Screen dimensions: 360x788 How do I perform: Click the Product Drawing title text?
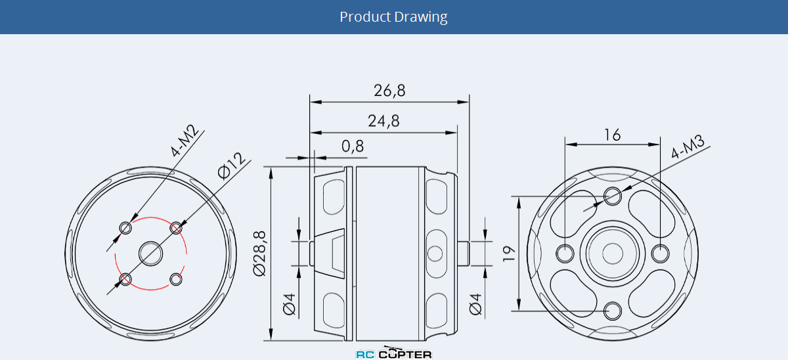click(393, 16)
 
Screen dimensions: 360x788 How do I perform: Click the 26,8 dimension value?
click(389, 91)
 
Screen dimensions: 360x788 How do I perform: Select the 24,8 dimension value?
click(383, 121)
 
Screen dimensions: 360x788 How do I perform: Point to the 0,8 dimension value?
click(353, 146)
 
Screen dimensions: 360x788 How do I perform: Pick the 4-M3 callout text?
click(688, 147)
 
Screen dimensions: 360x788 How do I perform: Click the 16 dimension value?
click(612, 135)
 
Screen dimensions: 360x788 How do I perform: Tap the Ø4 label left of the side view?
click(290, 304)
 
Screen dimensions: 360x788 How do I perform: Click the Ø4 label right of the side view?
click(475, 304)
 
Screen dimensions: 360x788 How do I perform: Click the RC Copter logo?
click(394, 353)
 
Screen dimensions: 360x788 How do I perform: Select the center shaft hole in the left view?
click(150, 253)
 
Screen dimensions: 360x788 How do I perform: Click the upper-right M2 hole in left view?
click(176, 228)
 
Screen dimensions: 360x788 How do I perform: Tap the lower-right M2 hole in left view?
click(176, 279)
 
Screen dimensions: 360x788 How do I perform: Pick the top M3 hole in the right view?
click(613, 194)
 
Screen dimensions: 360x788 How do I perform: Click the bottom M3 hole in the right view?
click(613, 309)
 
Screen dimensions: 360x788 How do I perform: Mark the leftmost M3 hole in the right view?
click(564, 252)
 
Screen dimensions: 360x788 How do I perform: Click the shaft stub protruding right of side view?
click(464, 253)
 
